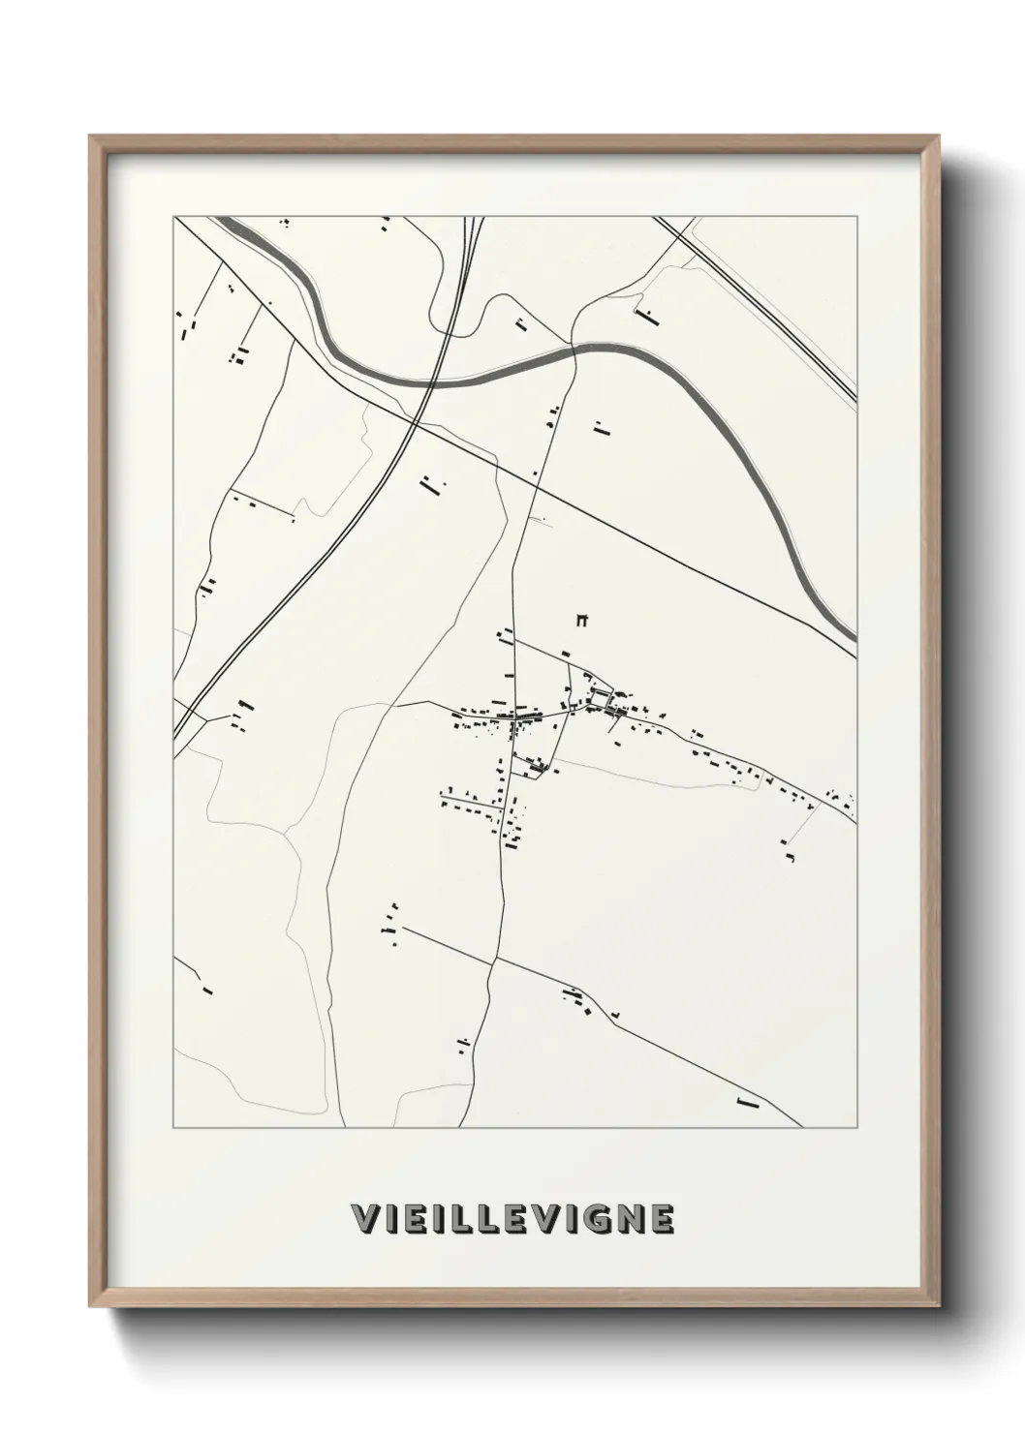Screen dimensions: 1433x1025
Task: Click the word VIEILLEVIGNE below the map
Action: (x=512, y=1219)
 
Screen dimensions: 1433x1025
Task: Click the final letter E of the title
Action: (x=661, y=1219)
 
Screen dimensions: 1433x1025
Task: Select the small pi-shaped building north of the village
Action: (x=582, y=620)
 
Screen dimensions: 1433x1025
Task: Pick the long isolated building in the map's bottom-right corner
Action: (x=746, y=1102)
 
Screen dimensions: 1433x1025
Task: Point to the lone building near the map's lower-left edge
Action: (x=207, y=990)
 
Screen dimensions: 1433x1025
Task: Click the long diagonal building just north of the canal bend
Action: (x=645, y=314)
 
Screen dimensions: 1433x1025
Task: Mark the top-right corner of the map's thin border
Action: (x=856, y=217)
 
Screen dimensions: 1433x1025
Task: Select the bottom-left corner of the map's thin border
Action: (x=174, y=1127)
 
